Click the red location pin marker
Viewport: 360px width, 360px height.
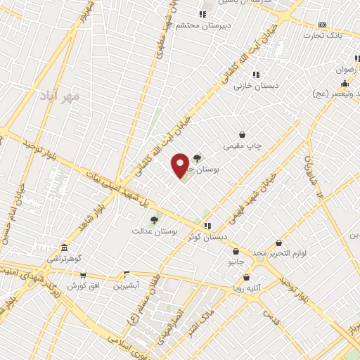(x=180, y=165)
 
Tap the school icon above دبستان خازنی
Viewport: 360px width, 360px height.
(x=256, y=74)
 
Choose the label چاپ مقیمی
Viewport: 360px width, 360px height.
(x=243, y=146)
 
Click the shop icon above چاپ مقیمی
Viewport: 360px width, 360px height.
(x=243, y=134)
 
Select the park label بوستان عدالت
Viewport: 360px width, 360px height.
(x=155, y=231)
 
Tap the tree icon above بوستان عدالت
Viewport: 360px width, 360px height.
(x=154, y=219)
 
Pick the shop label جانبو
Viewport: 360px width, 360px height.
(x=235, y=262)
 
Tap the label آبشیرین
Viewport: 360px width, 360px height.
(x=128, y=285)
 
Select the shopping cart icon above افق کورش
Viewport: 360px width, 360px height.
(x=83, y=275)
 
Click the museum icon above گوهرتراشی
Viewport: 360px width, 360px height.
(x=64, y=248)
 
